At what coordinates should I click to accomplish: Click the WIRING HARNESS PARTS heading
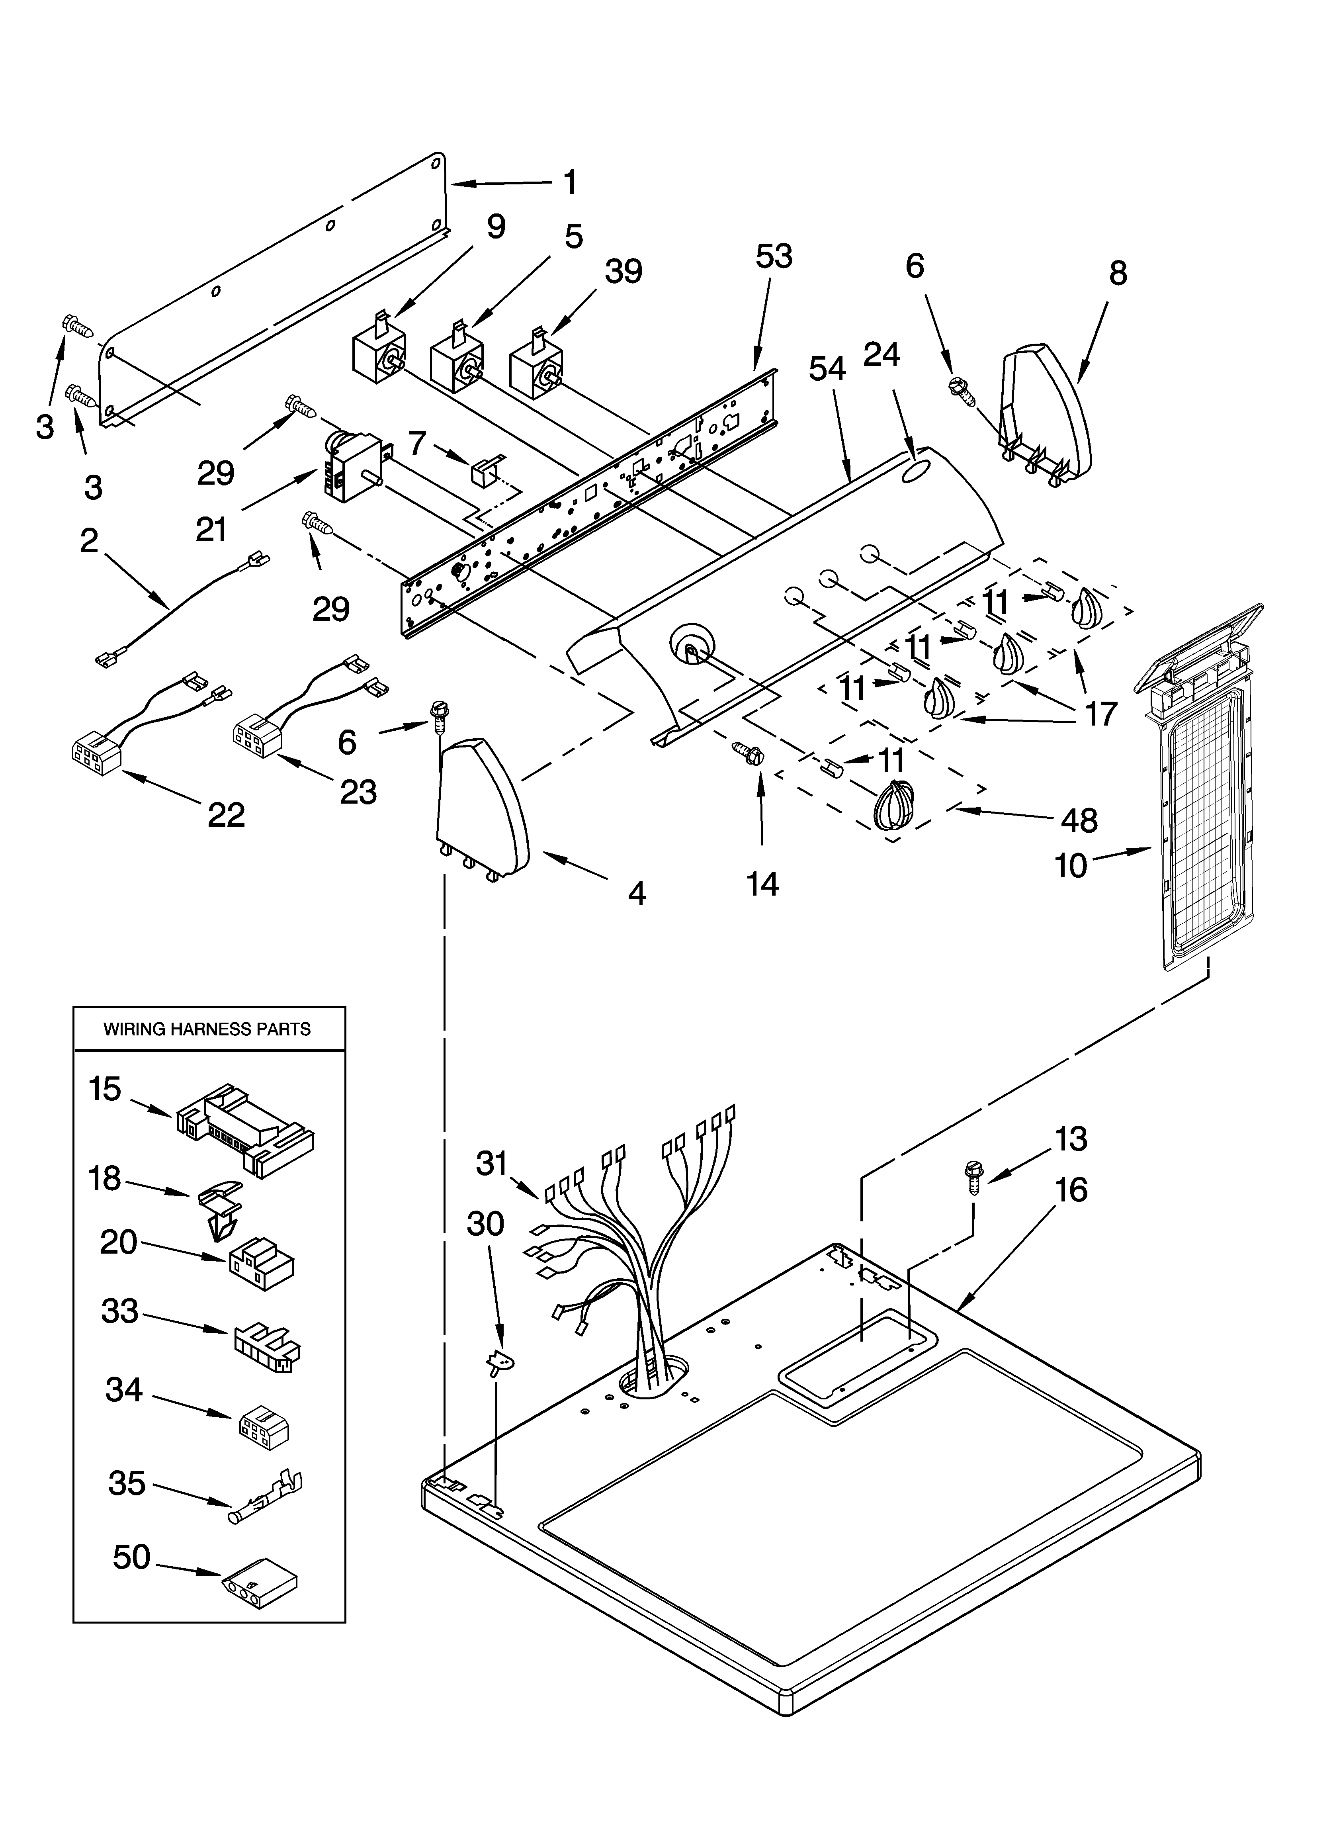click(207, 1029)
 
